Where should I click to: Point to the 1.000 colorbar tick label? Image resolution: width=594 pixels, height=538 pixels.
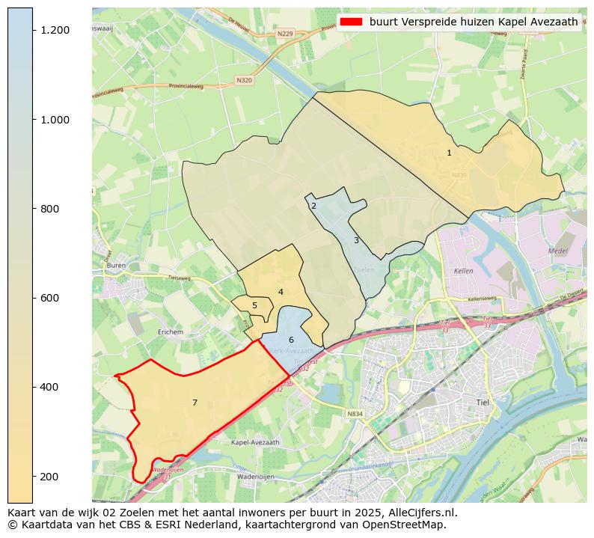tap(55, 120)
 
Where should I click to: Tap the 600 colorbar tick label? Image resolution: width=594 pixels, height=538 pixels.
tap(50, 298)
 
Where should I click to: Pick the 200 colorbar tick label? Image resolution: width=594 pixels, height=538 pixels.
tap(50, 477)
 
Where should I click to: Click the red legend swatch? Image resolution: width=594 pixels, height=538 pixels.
tap(351, 22)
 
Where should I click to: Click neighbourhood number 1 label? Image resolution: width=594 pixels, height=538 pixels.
tap(449, 153)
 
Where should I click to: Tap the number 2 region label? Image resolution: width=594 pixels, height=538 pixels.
tap(313, 206)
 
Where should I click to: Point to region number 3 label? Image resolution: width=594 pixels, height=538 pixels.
tap(356, 240)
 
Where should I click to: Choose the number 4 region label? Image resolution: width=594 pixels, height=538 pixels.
tap(281, 292)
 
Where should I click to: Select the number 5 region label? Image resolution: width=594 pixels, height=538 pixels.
tap(254, 305)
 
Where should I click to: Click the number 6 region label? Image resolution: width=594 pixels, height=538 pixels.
tap(291, 340)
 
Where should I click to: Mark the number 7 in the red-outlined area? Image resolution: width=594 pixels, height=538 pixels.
tap(195, 403)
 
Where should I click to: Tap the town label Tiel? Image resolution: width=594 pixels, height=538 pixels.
tap(483, 403)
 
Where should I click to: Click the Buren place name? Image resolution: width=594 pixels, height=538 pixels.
tap(116, 266)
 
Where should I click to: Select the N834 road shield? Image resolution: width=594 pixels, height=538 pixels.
tap(355, 414)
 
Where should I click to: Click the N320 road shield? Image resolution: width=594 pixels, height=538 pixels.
tap(244, 80)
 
